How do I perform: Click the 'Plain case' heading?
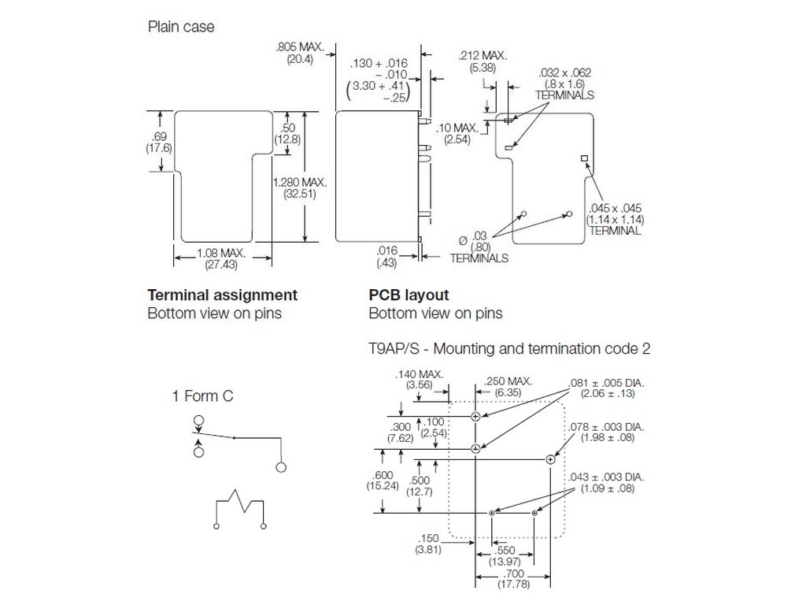(x=181, y=27)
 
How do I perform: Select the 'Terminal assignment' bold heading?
(x=223, y=295)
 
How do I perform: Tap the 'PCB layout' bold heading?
(x=409, y=295)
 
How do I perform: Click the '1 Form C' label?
(x=203, y=395)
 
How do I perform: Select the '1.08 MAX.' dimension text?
(x=221, y=254)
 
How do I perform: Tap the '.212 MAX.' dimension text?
(x=482, y=56)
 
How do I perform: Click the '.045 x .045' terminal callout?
(x=614, y=208)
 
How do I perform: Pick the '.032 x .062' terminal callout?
(x=567, y=72)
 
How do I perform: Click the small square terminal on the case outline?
(x=585, y=159)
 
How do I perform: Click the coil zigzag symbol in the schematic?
(x=239, y=502)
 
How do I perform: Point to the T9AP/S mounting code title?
(x=509, y=347)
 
